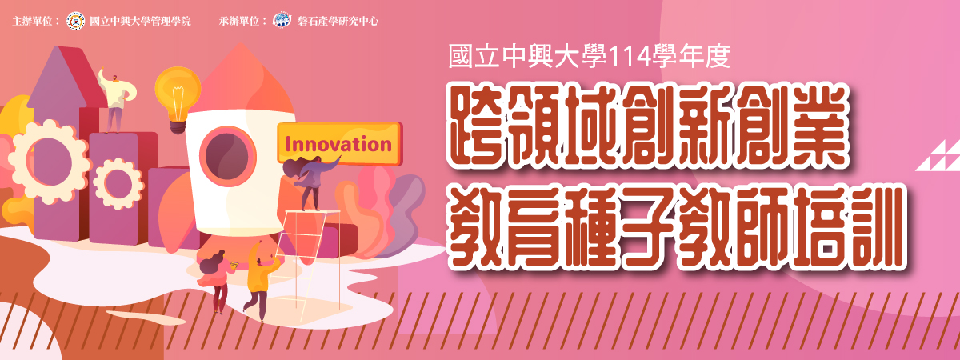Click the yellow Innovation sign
[339, 143]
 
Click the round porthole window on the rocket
[227, 156]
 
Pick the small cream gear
[118, 184]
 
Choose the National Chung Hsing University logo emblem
[76, 21]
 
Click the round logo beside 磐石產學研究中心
[282, 21]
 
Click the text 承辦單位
[238, 21]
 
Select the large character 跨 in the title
[476, 129]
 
